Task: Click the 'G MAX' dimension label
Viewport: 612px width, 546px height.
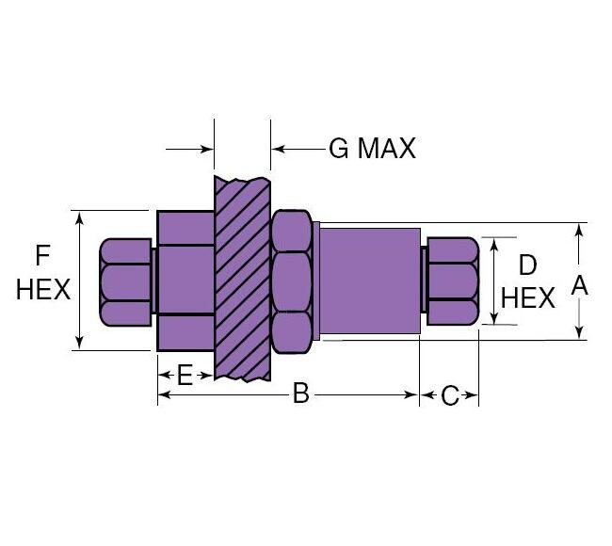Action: (x=371, y=149)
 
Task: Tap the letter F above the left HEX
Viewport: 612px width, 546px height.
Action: (x=42, y=255)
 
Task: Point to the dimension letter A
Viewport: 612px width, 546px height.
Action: (x=580, y=285)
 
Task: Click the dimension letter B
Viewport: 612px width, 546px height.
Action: (x=300, y=394)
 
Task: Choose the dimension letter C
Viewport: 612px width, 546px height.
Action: (x=449, y=395)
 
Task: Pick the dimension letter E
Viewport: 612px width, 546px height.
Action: (x=185, y=377)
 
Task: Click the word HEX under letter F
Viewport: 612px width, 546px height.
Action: (x=43, y=289)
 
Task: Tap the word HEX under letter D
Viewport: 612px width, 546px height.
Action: (x=527, y=298)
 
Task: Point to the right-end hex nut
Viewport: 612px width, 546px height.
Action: (x=452, y=281)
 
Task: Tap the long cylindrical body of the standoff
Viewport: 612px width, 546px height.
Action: (x=369, y=281)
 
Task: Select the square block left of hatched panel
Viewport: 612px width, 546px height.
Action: (x=185, y=280)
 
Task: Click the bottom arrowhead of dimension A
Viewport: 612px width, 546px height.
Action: (x=581, y=331)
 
